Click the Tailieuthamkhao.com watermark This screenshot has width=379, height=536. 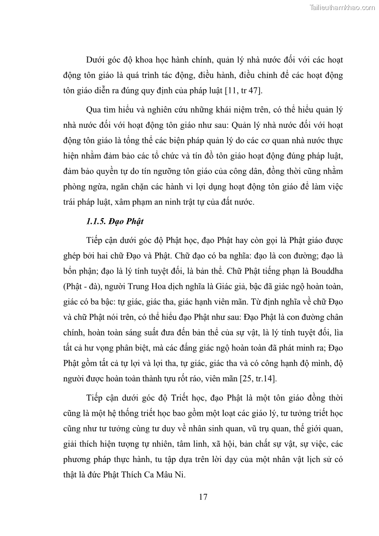[343, 7]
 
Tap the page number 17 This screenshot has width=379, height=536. [203, 497]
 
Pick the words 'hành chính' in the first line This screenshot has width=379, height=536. [189, 61]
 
